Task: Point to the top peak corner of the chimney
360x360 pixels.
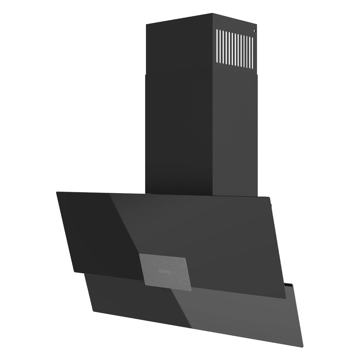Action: click(x=212, y=13)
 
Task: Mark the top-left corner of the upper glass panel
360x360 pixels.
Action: click(x=56, y=192)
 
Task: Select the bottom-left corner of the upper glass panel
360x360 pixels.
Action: click(x=73, y=272)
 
